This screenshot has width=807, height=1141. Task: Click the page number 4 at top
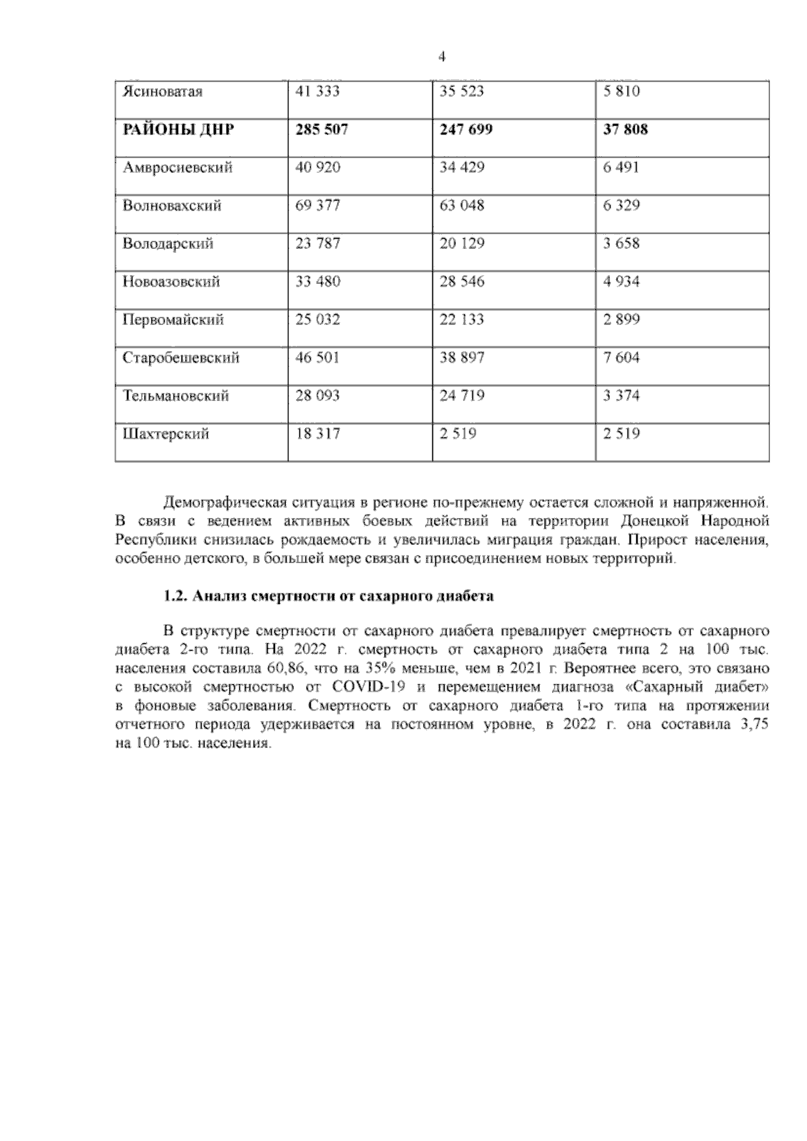point(442,57)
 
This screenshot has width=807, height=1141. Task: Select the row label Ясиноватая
point(162,91)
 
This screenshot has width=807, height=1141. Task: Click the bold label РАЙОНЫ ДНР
point(178,129)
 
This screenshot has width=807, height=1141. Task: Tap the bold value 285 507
point(321,129)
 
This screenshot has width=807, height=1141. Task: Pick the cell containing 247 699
point(465,129)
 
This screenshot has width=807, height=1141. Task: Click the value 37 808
point(625,129)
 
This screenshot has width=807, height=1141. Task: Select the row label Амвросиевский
point(178,168)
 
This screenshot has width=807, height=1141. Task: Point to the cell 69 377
point(317,205)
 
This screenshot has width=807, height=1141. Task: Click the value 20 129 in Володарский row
point(461,244)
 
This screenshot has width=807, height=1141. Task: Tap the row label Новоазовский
point(171,282)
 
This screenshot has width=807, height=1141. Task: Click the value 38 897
point(461,358)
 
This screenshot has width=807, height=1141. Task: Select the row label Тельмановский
point(176,396)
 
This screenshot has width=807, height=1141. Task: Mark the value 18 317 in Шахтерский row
point(317,434)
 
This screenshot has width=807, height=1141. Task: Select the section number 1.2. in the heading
point(176,596)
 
